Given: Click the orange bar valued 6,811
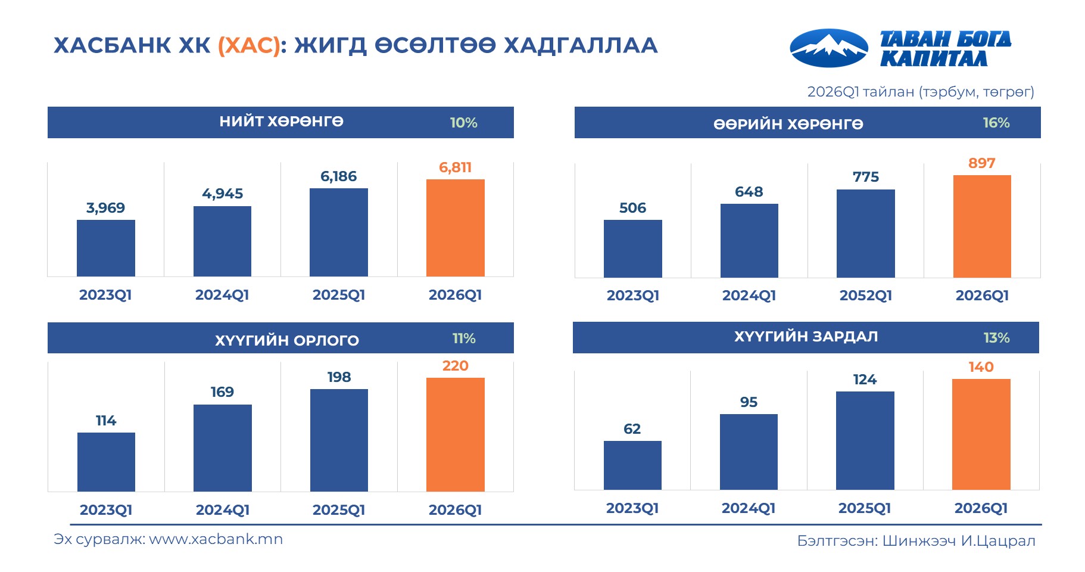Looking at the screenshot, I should click(x=455, y=228).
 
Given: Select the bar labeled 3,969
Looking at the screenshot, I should click(x=106, y=248).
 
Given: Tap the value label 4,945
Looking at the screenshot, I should click(x=222, y=194).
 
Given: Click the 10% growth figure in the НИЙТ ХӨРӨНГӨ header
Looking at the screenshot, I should click(x=463, y=123).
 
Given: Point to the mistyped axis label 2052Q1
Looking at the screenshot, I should click(x=865, y=296).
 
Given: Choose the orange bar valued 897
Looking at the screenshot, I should click(x=982, y=226).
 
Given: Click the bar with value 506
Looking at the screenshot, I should click(x=632, y=248).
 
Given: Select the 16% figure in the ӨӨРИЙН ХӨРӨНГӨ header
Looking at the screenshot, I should click(x=996, y=123).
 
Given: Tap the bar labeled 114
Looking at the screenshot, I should click(x=106, y=462).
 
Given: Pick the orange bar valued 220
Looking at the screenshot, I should click(x=455, y=434).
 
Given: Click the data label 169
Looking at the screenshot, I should click(x=222, y=392).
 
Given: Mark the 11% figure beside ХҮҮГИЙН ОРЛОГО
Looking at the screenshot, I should click(x=463, y=338).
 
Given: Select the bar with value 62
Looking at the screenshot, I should click(x=632, y=465).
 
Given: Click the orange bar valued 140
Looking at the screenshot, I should click(x=981, y=434).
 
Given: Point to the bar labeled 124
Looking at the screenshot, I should click(x=865, y=440).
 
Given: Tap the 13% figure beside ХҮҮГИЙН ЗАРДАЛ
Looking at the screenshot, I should click(x=996, y=338).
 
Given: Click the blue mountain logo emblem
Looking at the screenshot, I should click(x=828, y=48).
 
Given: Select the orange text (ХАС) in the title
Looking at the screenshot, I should click(x=249, y=45).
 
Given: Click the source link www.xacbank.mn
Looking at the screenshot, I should click(x=216, y=539).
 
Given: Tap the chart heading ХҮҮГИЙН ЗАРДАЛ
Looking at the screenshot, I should click(x=805, y=337).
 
